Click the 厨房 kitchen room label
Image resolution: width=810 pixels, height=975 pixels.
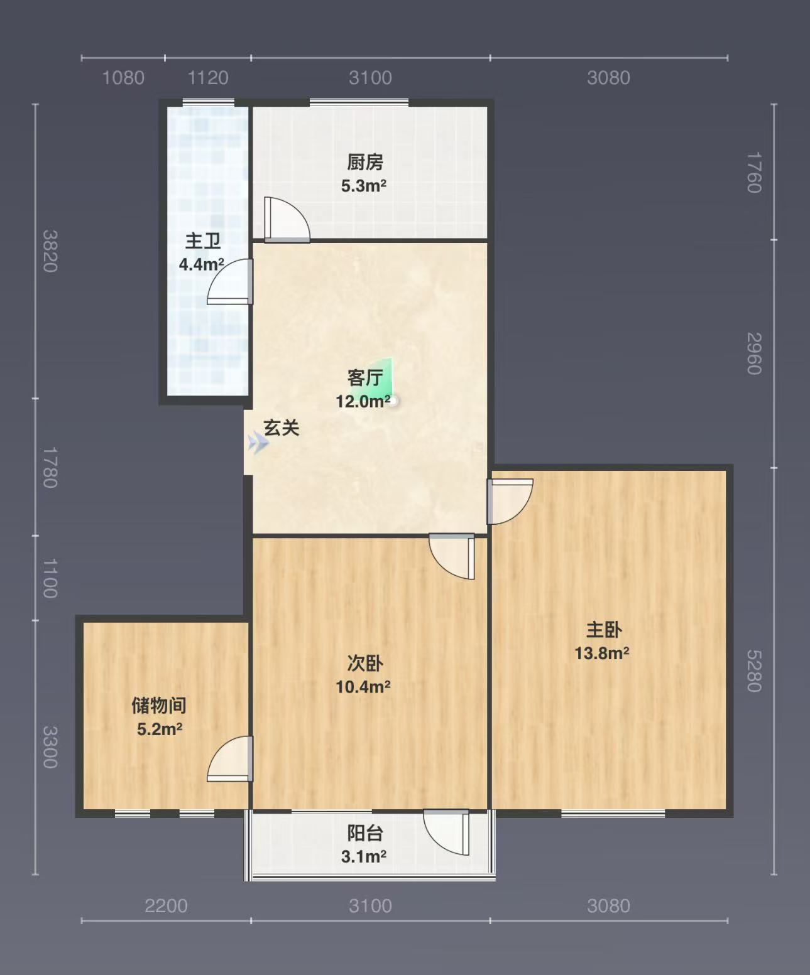pyautogui.click(x=365, y=163)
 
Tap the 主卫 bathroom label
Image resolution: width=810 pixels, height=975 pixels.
pyautogui.click(x=203, y=241)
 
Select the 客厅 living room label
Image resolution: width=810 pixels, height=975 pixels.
pyautogui.click(x=365, y=378)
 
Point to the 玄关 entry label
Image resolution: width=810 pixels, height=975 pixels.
pyautogui.click(x=282, y=428)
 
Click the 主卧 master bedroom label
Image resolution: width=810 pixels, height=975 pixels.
pyautogui.click(x=604, y=630)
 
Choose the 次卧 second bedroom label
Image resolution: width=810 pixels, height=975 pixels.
pyautogui.click(x=365, y=663)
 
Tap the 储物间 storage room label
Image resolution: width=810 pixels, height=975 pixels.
pyautogui.click(x=159, y=705)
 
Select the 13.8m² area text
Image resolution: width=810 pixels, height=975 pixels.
pyautogui.click(x=602, y=654)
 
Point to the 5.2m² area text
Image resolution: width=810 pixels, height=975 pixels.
pyautogui.click(x=160, y=729)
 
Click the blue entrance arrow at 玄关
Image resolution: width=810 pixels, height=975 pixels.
pyautogui.click(x=258, y=443)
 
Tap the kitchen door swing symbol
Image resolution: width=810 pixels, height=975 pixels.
pyautogui.click(x=287, y=220)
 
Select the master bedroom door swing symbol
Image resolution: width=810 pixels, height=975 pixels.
pyautogui.click(x=510, y=501)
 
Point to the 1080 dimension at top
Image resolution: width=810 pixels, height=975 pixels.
pyautogui.click(x=123, y=78)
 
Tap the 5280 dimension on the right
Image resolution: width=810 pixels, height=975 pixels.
pyautogui.click(x=754, y=671)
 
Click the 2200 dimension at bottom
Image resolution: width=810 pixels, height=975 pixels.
pyautogui.click(x=166, y=907)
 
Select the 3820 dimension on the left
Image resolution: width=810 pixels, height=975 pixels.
pyautogui.click(x=50, y=251)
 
